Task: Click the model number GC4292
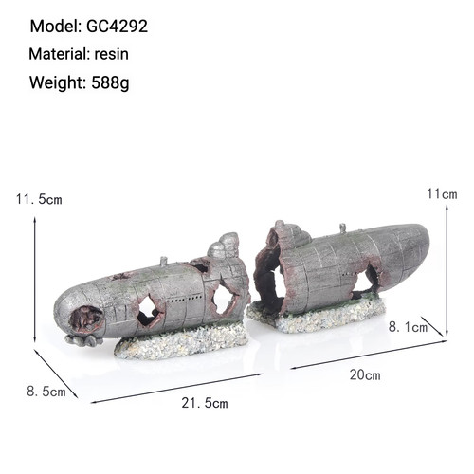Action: coord(117,26)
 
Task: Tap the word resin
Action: coord(112,54)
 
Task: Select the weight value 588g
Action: coord(110,82)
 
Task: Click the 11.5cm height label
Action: coord(39,200)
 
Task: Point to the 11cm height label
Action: coord(442,193)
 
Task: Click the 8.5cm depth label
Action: coord(46,392)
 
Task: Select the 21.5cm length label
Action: coord(205,403)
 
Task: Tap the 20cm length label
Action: coord(365,375)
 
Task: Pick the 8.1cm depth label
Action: coord(408,327)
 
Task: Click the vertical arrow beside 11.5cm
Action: coord(35,280)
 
